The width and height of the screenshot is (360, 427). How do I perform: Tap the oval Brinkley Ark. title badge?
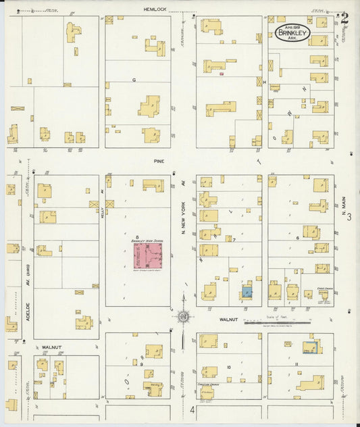292,34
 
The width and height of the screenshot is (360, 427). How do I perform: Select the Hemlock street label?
154,9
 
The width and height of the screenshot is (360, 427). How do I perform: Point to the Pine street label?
159,162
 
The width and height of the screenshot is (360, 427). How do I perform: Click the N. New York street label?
182,221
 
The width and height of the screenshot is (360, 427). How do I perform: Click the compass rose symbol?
183,316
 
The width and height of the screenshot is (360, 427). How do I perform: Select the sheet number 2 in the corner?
345,17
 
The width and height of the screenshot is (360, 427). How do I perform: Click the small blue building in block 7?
247,292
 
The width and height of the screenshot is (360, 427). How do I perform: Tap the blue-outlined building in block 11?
310,347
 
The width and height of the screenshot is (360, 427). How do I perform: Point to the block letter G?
134,80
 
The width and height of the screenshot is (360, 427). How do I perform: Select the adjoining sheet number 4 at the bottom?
192,410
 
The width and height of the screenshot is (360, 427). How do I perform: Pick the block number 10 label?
229,367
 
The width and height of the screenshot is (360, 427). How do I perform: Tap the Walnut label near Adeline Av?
52,347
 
